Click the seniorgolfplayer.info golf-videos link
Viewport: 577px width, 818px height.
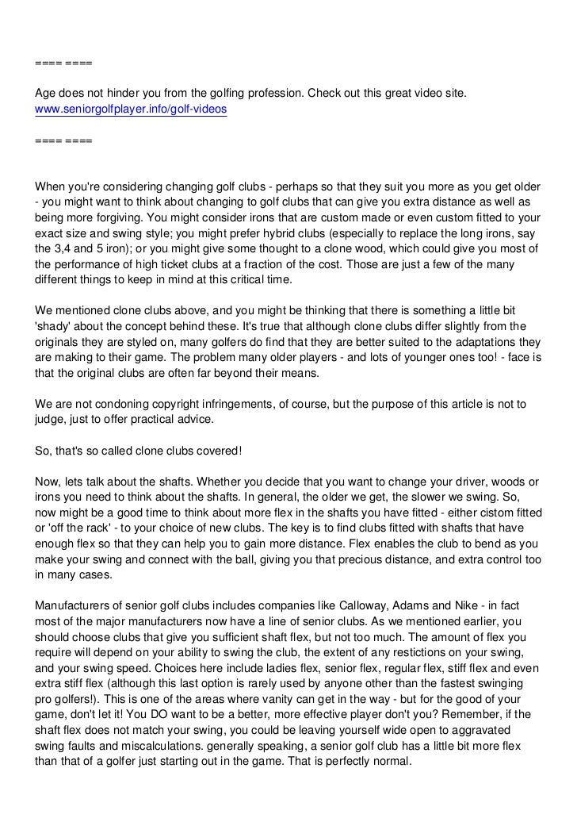(131, 110)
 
